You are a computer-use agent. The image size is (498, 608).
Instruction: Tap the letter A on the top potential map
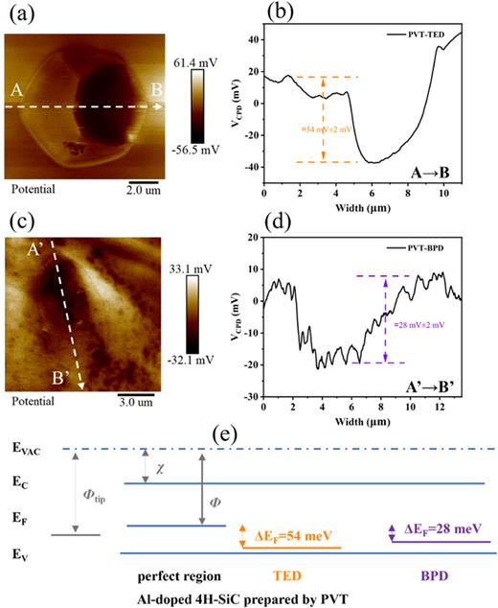[x=15, y=92]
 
